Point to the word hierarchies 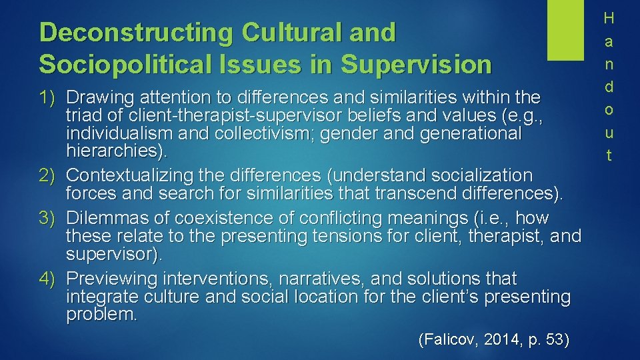click(x=113, y=151)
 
